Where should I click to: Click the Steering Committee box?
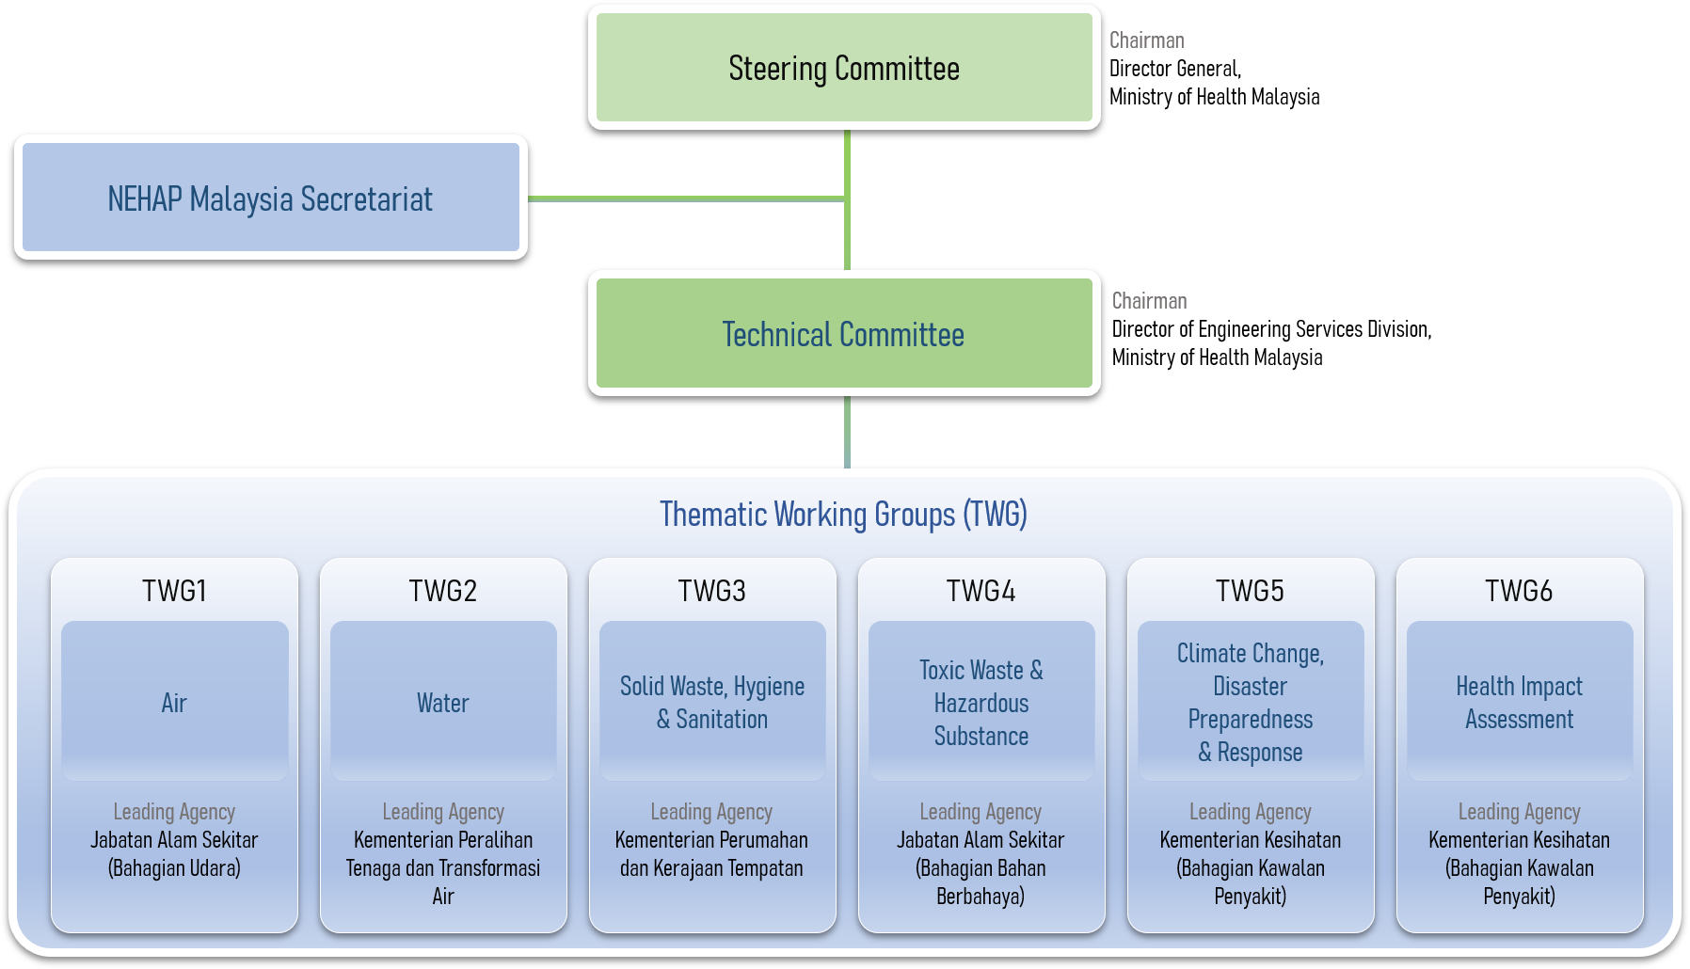(x=844, y=68)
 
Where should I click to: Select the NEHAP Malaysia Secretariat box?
(x=270, y=198)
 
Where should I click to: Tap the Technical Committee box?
(x=844, y=333)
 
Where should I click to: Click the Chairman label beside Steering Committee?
(x=1146, y=40)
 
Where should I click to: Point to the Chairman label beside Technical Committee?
(x=1149, y=301)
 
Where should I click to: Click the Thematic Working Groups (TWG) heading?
(x=843, y=515)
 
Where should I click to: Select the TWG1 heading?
(x=174, y=591)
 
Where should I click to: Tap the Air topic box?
(x=174, y=701)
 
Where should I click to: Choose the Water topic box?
(x=443, y=701)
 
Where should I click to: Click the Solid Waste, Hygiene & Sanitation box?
(x=712, y=701)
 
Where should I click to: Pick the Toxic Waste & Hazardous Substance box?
(x=981, y=701)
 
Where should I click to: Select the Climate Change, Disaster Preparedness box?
(x=1251, y=701)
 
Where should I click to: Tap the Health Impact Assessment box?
(x=1520, y=701)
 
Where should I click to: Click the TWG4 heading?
(x=981, y=591)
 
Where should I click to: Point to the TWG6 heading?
(x=1519, y=591)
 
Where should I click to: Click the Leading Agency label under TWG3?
(x=711, y=812)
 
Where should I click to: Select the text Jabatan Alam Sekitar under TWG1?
(x=174, y=840)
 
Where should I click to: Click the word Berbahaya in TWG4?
(x=981, y=897)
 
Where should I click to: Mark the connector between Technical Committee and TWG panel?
(x=848, y=432)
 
